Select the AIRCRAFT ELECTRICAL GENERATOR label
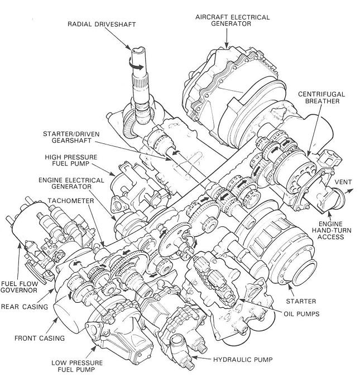coord(232,21)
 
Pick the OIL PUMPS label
coord(300,314)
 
